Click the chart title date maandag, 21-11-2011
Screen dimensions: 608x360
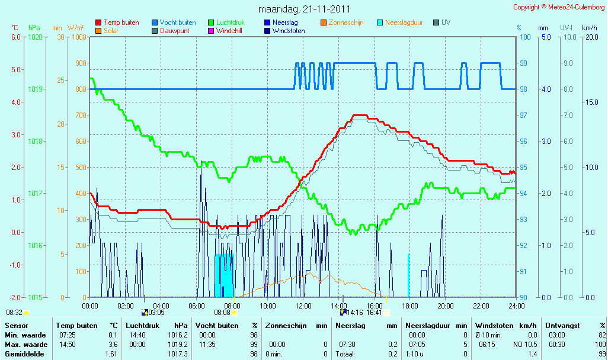[x=304, y=9]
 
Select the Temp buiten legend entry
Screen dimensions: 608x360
[x=117, y=22]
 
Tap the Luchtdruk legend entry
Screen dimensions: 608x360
[x=226, y=22]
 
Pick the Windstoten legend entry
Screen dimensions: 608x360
[x=284, y=31]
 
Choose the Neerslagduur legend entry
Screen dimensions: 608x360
[x=400, y=22]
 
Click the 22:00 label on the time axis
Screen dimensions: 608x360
[x=481, y=306]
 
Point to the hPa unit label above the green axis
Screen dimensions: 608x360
[x=34, y=28]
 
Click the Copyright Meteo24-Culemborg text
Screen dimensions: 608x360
[x=559, y=7]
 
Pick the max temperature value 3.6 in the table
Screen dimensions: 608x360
[x=113, y=345]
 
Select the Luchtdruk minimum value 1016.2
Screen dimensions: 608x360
[x=178, y=335]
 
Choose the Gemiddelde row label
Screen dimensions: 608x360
[x=24, y=354]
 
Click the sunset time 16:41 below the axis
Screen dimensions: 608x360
[x=374, y=313]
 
